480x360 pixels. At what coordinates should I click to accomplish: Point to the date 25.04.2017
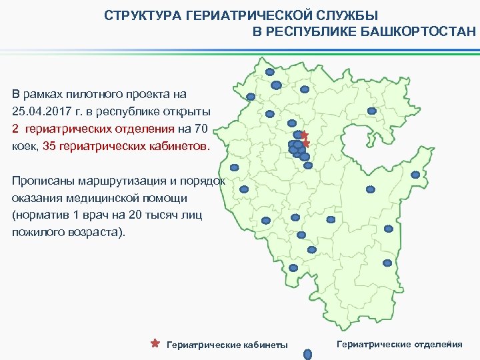(39, 111)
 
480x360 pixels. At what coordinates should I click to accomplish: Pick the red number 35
(50, 145)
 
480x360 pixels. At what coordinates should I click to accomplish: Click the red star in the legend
(155, 344)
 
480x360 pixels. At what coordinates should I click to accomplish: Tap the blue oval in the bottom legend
(308, 355)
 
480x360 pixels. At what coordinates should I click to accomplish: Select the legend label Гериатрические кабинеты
(227, 345)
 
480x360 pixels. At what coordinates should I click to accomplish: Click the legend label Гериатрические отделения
(399, 344)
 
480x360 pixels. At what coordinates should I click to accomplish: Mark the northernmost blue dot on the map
(270, 72)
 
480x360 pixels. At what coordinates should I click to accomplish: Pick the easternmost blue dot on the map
(415, 175)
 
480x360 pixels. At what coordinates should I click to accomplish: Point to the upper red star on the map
(304, 135)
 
